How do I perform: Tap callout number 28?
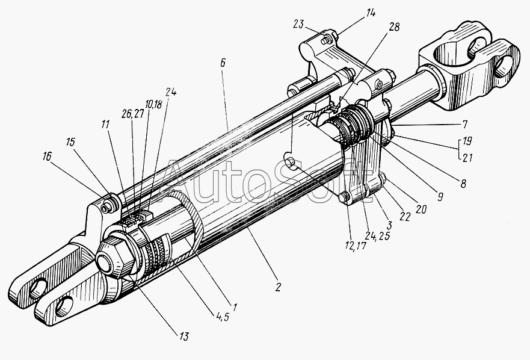point(394,28)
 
